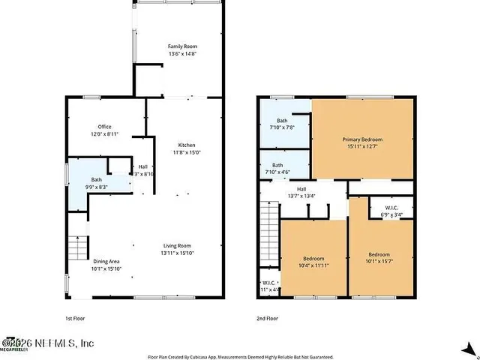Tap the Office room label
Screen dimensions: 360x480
(104, 130)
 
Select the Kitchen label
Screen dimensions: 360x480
(187, 148)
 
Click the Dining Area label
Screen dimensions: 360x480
(106, 265)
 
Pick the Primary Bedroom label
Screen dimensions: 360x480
(362, 143)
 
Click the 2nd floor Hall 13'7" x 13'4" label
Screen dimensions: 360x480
(301, 193)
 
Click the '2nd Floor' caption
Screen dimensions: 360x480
(268, 318)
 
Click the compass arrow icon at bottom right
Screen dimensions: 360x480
(469, 348)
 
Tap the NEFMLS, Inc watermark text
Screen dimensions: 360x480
(52, 343)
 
